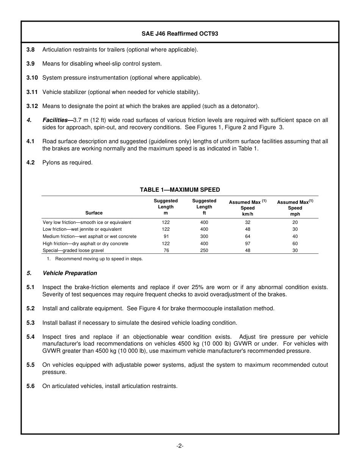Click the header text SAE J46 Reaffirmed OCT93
[180, 34]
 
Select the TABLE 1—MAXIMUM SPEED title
[180, 190]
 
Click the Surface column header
[94, 213]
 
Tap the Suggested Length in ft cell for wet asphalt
[204, 236]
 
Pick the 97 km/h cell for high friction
[247, 244]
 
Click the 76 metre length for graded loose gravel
[166, 250]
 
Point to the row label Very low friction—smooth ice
[87, 222]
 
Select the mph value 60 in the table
[295, 244]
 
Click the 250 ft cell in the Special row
[204, 250]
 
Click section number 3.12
[32, 106]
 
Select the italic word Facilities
[55, 120]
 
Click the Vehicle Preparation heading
[70, 273]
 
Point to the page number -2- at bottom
[180, 446]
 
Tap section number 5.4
[30, 337]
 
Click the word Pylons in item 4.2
[51, 163]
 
